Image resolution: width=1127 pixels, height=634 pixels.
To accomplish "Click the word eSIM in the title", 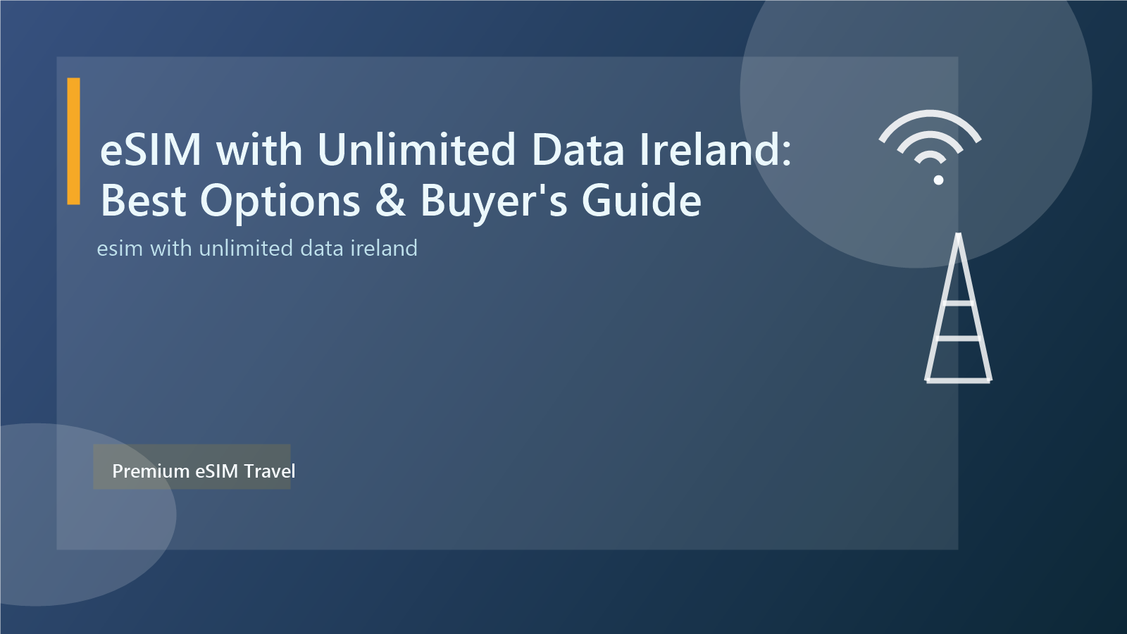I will [151, 149].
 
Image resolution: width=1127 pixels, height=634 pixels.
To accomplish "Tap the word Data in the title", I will [578, 149].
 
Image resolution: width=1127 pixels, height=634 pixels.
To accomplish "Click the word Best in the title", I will [143, 201].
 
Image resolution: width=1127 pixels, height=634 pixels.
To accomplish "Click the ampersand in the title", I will [390, 201].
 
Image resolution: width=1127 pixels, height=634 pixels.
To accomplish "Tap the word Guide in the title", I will [641, 201].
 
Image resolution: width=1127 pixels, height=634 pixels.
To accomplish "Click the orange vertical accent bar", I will [73, 141].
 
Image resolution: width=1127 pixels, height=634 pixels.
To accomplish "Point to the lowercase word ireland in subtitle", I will [384, 248].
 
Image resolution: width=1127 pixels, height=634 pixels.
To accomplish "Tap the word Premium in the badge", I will [151, 471].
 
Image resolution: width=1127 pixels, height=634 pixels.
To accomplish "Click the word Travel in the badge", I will [270, 471].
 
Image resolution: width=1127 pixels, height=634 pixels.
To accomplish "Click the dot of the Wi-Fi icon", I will [938, 180].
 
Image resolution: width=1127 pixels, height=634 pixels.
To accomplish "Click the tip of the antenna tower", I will [958, 236].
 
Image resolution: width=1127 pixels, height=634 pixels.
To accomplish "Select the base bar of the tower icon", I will [958, 380].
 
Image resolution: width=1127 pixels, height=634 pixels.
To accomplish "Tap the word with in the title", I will [259, 149].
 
